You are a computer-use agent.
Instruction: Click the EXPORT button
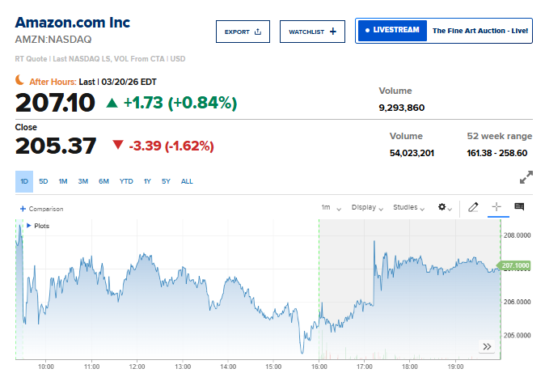pos(243,32)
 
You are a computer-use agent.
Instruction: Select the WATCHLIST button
pos(312,32)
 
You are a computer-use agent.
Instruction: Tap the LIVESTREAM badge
pos(392,31)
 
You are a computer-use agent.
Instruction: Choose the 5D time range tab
pos(44,181)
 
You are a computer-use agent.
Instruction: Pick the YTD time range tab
pos(126,181)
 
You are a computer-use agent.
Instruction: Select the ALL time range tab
pos(187,181)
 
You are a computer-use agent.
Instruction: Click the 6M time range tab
pos(104,181)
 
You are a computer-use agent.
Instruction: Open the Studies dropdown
pos(408,208)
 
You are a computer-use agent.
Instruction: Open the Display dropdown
pos(367,208)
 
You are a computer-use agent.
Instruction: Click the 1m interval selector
pos(331,208)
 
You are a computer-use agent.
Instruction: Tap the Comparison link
pos(41,209)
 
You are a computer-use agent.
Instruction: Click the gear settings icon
pos(445,208)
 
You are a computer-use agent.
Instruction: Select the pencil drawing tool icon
pos(474,207)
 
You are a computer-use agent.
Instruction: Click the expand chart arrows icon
pos(526,176)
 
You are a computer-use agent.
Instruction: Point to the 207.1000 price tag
pos(515,265)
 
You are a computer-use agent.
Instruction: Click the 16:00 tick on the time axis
pos(319,366)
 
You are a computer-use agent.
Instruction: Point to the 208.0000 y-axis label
pos(517,235)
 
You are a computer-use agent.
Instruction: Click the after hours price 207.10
pos(55,103)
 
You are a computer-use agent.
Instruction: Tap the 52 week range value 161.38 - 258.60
pos(497,153)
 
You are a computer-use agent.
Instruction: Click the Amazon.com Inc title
pos(72,22)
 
